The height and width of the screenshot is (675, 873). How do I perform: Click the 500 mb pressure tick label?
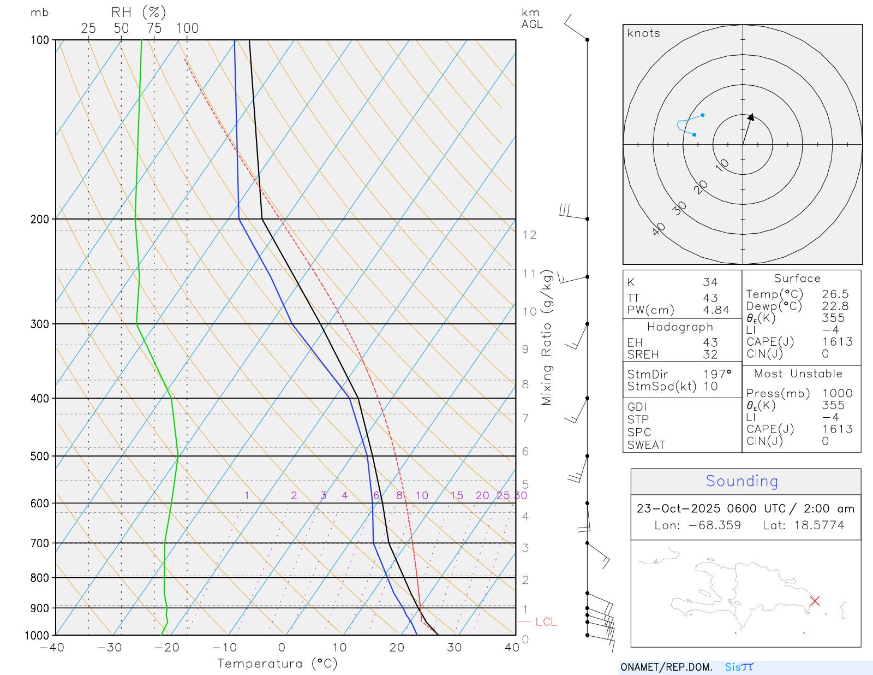click(40, 456)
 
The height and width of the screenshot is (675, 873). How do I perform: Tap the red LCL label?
click(546, 622)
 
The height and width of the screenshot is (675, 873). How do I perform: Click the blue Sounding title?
click(742, 481)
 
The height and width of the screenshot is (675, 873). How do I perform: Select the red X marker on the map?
click(815, 601)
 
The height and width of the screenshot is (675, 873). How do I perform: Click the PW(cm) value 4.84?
click(716, 310)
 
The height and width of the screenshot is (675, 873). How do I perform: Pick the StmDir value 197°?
click(717, 374)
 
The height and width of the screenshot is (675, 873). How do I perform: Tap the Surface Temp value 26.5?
click(835, 294)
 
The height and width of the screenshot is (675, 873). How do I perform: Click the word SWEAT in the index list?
click(646, 445)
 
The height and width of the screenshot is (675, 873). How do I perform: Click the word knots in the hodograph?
click(644, 33)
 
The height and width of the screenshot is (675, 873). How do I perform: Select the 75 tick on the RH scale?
click(154, 28)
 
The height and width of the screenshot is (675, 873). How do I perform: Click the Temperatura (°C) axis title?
click(277, 664)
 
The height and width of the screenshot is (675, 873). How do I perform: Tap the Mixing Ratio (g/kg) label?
click(547, 337)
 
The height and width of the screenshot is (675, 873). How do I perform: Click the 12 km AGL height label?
click(529, 235)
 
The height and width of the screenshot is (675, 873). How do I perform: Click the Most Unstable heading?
click(798, 374)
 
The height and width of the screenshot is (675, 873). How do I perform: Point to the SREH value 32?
click(710, 354)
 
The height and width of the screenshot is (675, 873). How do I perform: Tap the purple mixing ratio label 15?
click(457, 495)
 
